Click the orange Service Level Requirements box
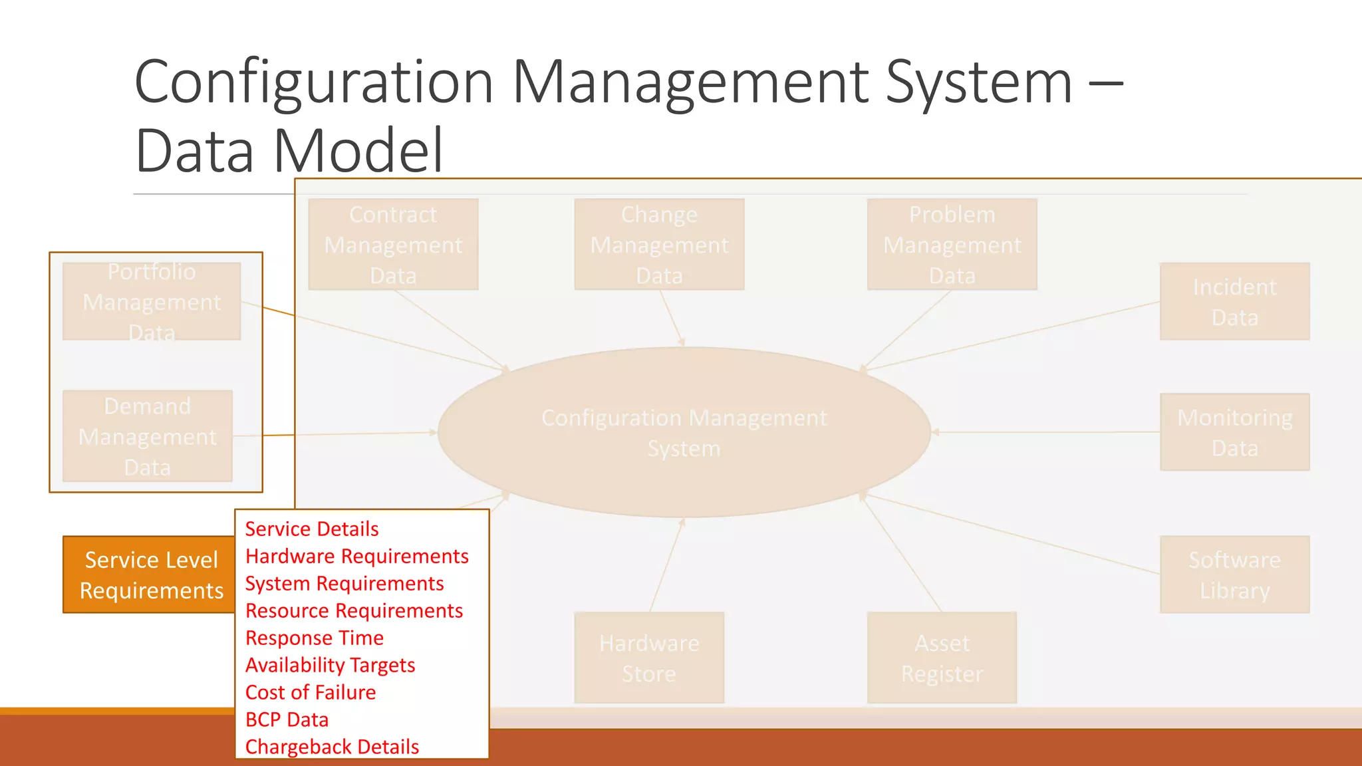pos(150,574)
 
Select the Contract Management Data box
pos(393,245)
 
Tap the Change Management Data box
pos(659,245)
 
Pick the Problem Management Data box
pos(952,245)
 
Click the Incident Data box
pos(1234,302)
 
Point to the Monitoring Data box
pos(1234,432)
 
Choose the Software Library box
pos(1234,574)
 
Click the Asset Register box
pos(942,658)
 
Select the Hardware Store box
pos(649,658)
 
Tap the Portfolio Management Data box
pos(152,302)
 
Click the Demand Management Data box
pos(148,436)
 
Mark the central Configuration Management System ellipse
pos(684,432)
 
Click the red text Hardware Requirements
pos(356,556)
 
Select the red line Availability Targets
pos(330,665)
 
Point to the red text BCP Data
pos(287,719)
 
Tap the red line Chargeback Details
pos(332,747)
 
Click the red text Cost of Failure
pos(311,692)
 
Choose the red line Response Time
pos(314,638)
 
